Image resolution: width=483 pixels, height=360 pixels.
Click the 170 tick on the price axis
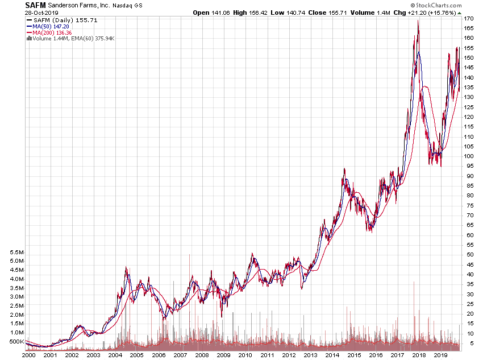(469, 19)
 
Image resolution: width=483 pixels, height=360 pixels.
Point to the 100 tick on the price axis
(469, 156)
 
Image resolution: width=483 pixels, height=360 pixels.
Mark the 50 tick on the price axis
(467, 255)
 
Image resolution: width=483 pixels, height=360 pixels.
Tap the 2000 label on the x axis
(29, 354)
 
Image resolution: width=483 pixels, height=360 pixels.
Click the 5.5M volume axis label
(15, 253)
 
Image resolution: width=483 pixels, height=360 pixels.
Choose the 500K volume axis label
(15, 342)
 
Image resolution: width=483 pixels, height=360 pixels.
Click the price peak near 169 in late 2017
(418, 21)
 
